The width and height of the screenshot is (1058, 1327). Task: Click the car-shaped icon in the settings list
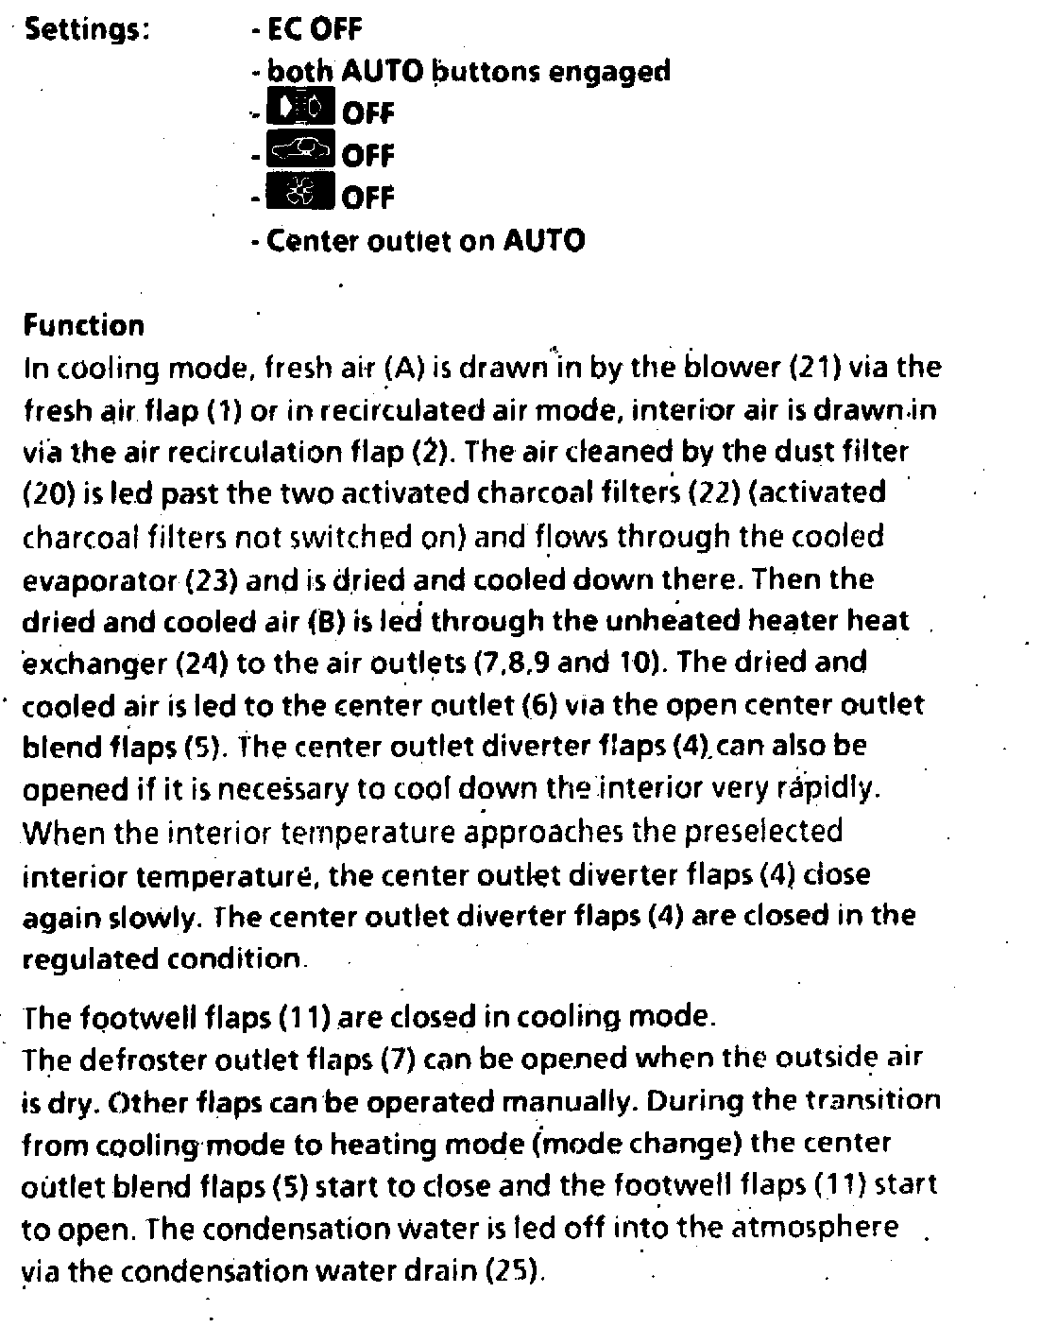[x=301, y=151]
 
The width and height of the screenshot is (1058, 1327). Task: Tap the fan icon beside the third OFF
[x=301, y=194]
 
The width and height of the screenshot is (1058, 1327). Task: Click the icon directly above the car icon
[x=301, y=111]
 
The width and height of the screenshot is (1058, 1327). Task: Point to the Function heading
[x=84, y=326]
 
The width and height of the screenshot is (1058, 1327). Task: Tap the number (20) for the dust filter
[x=43, y=494]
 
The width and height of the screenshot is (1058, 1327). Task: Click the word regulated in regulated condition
[x=92, y=959]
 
